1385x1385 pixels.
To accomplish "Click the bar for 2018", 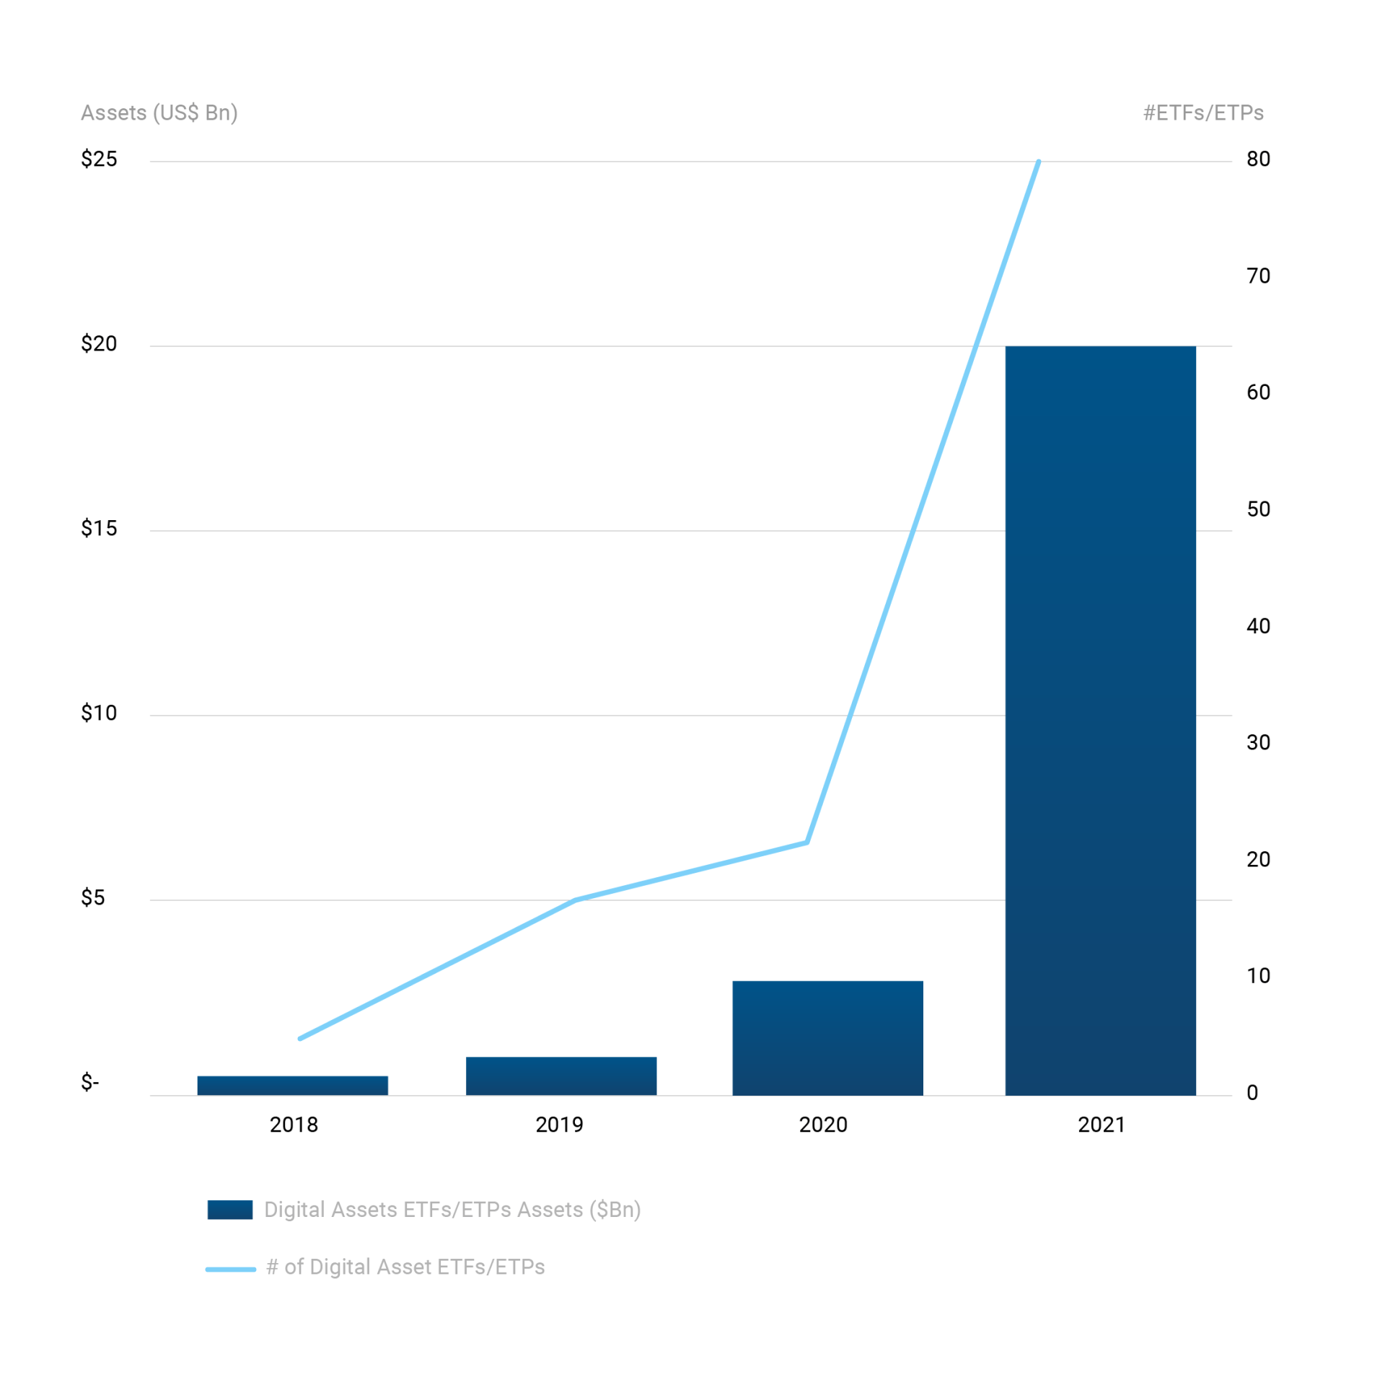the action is (x=292, y=1085).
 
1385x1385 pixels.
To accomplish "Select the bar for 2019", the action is (x=560, y=1076).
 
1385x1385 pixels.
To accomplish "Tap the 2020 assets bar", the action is (x=827, y=1037).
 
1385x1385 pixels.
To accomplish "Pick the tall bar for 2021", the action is (x=1100, y=720).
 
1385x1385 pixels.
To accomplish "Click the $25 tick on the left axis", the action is (x=99, y=159).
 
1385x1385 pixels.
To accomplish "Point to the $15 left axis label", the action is (x=99, y=528).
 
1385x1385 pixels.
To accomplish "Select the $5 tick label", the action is (x=93, y=897).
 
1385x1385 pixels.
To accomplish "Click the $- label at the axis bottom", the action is (x=90, y=1082).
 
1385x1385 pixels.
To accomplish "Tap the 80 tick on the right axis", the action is (x=1258, y=159).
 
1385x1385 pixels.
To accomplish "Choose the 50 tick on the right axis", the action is (x=1258, y=509).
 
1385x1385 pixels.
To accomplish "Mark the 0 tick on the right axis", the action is (x=1252, y=1092).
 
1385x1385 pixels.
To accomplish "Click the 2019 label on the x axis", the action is (x=559, y=1125).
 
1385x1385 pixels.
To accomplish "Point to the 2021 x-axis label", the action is (x=1102, y=1125).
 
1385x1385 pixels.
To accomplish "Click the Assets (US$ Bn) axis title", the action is (x=159, y=113).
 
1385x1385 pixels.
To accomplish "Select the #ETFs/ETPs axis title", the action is (x=1203, y=113).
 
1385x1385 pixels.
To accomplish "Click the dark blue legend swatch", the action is (x=230, y=1210).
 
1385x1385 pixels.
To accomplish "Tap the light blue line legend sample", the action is (x=231, y=1269).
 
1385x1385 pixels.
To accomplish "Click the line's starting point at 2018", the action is (x=300, y=1038).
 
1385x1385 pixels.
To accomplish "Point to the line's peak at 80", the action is (x=1038, y=162).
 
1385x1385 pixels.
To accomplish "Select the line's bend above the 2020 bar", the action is (x=806, y=842).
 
